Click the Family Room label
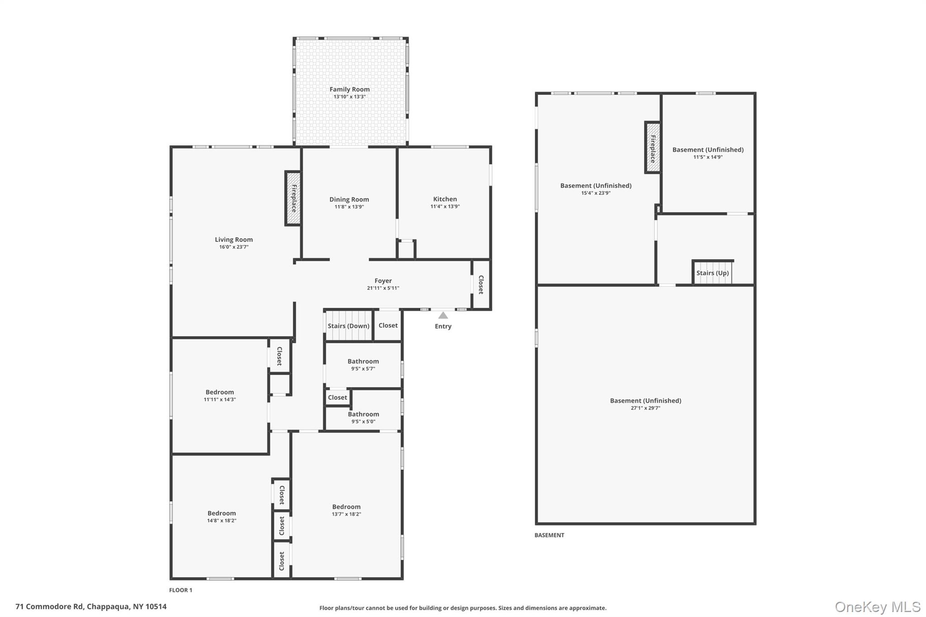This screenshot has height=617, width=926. pyautogui.click(x=350, y=89)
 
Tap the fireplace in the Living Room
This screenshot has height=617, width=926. pyautogui.click(x=293, y=198)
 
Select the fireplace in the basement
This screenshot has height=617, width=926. pyautogui.click(x=652, y=147)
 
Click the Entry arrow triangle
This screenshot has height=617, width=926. pyautogui.click(x=443, y=316)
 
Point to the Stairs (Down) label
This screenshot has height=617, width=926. pyautogui.click(x=348, y=326)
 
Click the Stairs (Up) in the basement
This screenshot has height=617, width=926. pyautogui.click(x=713, y=273)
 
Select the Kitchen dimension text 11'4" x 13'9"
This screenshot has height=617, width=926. pyautogui.click(x=445, y=207)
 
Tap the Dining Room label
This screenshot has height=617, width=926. pyautogui.click(x=349, y=199)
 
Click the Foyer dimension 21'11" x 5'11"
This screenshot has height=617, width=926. pyautogui.click(x=383, y=288)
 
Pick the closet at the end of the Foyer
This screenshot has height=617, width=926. pyautogui.click(x=481, y=285)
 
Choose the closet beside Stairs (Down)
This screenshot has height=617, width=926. pyautogui.click(x=388, y=325)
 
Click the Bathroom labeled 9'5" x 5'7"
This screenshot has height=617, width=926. pyautogui.click(x=363, y=364)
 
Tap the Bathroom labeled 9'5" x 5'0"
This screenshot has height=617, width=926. pyautogui.click(x=363, y=417)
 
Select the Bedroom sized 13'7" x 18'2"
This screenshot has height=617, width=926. pyautogui.click(x=346, y=510)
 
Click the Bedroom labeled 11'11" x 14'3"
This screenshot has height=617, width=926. pyautogui.click(x=220, y=396)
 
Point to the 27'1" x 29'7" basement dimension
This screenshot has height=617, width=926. pyautogui.click(x=645, y=408)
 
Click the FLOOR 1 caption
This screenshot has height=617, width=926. pyautogui.click(x=181, y=590)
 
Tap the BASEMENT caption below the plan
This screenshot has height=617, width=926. pyautogui.click(x=549, y=535)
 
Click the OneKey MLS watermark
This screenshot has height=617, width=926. pyautogui.click(x=877, y=607)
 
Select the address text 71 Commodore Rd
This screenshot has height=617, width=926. pyautogui.click(x=50, y=607)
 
